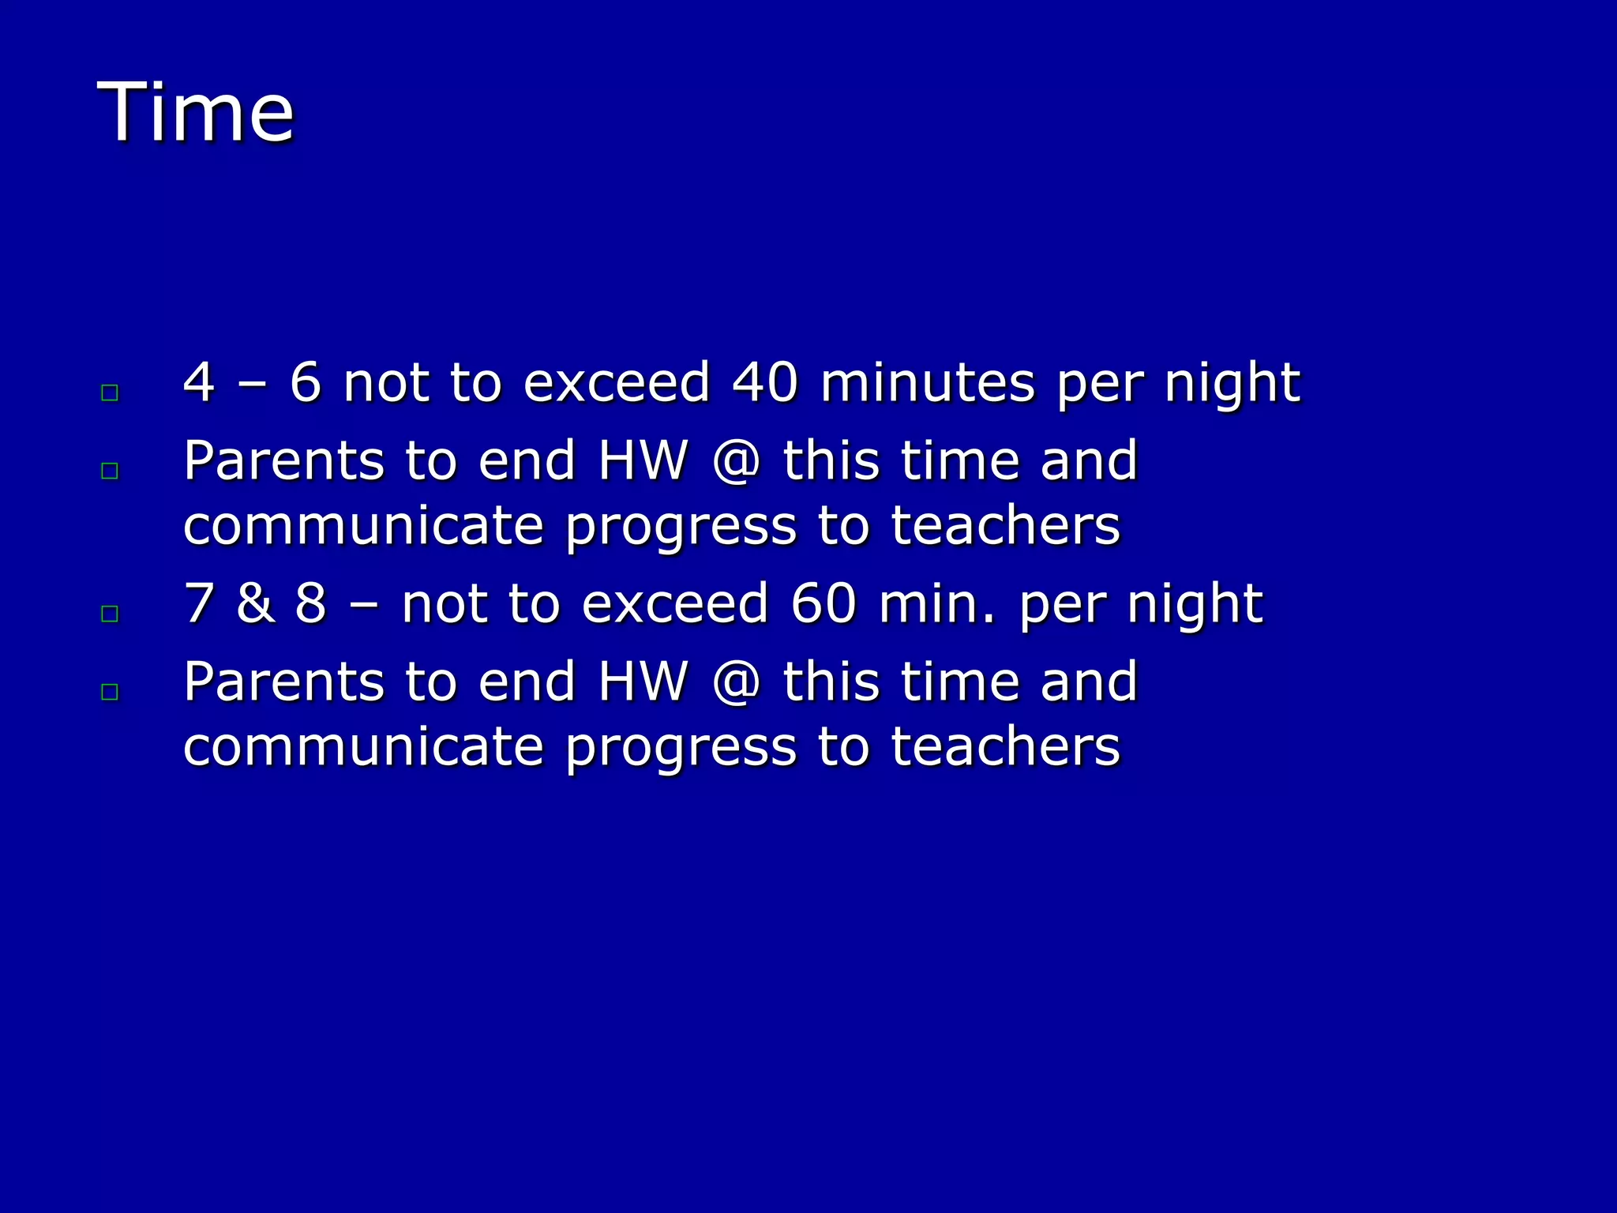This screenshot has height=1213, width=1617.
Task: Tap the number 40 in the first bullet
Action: pyautogui.click(x=764, y=382)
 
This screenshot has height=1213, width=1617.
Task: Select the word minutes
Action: pyautogui.click(x=927, y=382)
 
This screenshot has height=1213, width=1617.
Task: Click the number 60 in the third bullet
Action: pyautogui.click(x=823, y=603)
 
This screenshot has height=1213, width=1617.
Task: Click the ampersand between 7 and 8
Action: pyautogui.click(x=254, y=603)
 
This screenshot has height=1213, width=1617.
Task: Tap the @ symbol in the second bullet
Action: pyautogui.click(x=736, y=461)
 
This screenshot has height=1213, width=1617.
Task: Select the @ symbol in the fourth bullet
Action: pyautogui.click(x=736, y=682)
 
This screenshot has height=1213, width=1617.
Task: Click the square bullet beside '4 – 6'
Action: pyautogui.click(x=110, y=392)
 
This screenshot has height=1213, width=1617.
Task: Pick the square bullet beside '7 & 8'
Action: pyautogui.click(x=110, y=614)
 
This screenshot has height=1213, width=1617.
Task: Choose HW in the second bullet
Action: pyautogui.click(x=643, y=461)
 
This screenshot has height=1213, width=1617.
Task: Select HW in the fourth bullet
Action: pyautogui.click(x=643, y=682)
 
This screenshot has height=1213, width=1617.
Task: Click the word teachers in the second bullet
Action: pyautogui.click(x=1005, y=527)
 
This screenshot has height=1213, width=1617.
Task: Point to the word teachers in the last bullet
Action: pyautogui.click(x=1005, y=748)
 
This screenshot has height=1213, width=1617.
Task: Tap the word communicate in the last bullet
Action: pyautogui.click(x=363, y=748)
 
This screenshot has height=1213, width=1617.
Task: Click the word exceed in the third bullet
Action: pyautogui.click(x=675, y=603)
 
